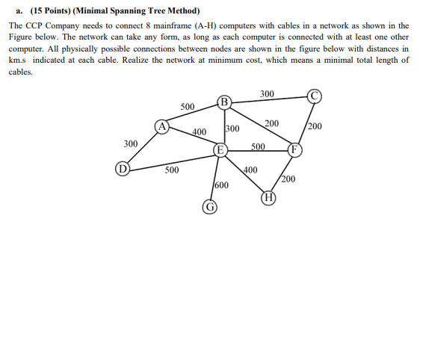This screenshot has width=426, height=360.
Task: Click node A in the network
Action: (x=161, y=126)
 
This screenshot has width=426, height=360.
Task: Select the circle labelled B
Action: (x=224, y=102)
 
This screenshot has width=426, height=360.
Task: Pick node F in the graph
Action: (x=294, y=149)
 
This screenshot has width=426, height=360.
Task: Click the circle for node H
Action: (x=269, y=198)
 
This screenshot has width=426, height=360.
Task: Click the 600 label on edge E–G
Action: (x=221, y=184)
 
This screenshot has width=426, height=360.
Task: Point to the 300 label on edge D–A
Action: (x=130, y=143)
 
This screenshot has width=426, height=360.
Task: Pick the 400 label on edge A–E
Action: (x=199, y=132)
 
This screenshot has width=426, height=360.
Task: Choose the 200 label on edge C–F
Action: (x=315, y=125)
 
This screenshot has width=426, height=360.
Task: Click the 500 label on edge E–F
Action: (x=258, y=146)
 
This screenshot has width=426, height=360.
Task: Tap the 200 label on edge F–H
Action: (x=288, y=179)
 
